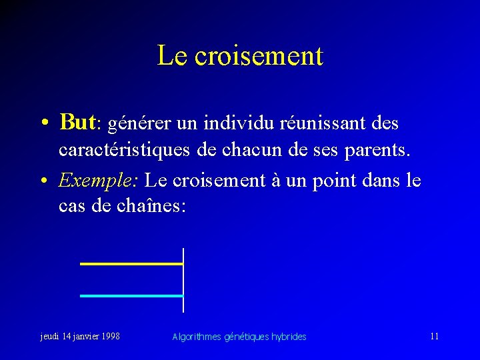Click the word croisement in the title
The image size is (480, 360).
[x=259, y=56]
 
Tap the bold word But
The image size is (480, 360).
[x=78, y=123]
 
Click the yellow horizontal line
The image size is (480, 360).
[x=131, y=264]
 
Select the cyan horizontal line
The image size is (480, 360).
[x=131, y=295]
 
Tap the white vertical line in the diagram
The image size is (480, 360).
[x=183, y=280]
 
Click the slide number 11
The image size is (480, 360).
[x=434, y=336]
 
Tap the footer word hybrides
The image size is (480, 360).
[x=289, y=337]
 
